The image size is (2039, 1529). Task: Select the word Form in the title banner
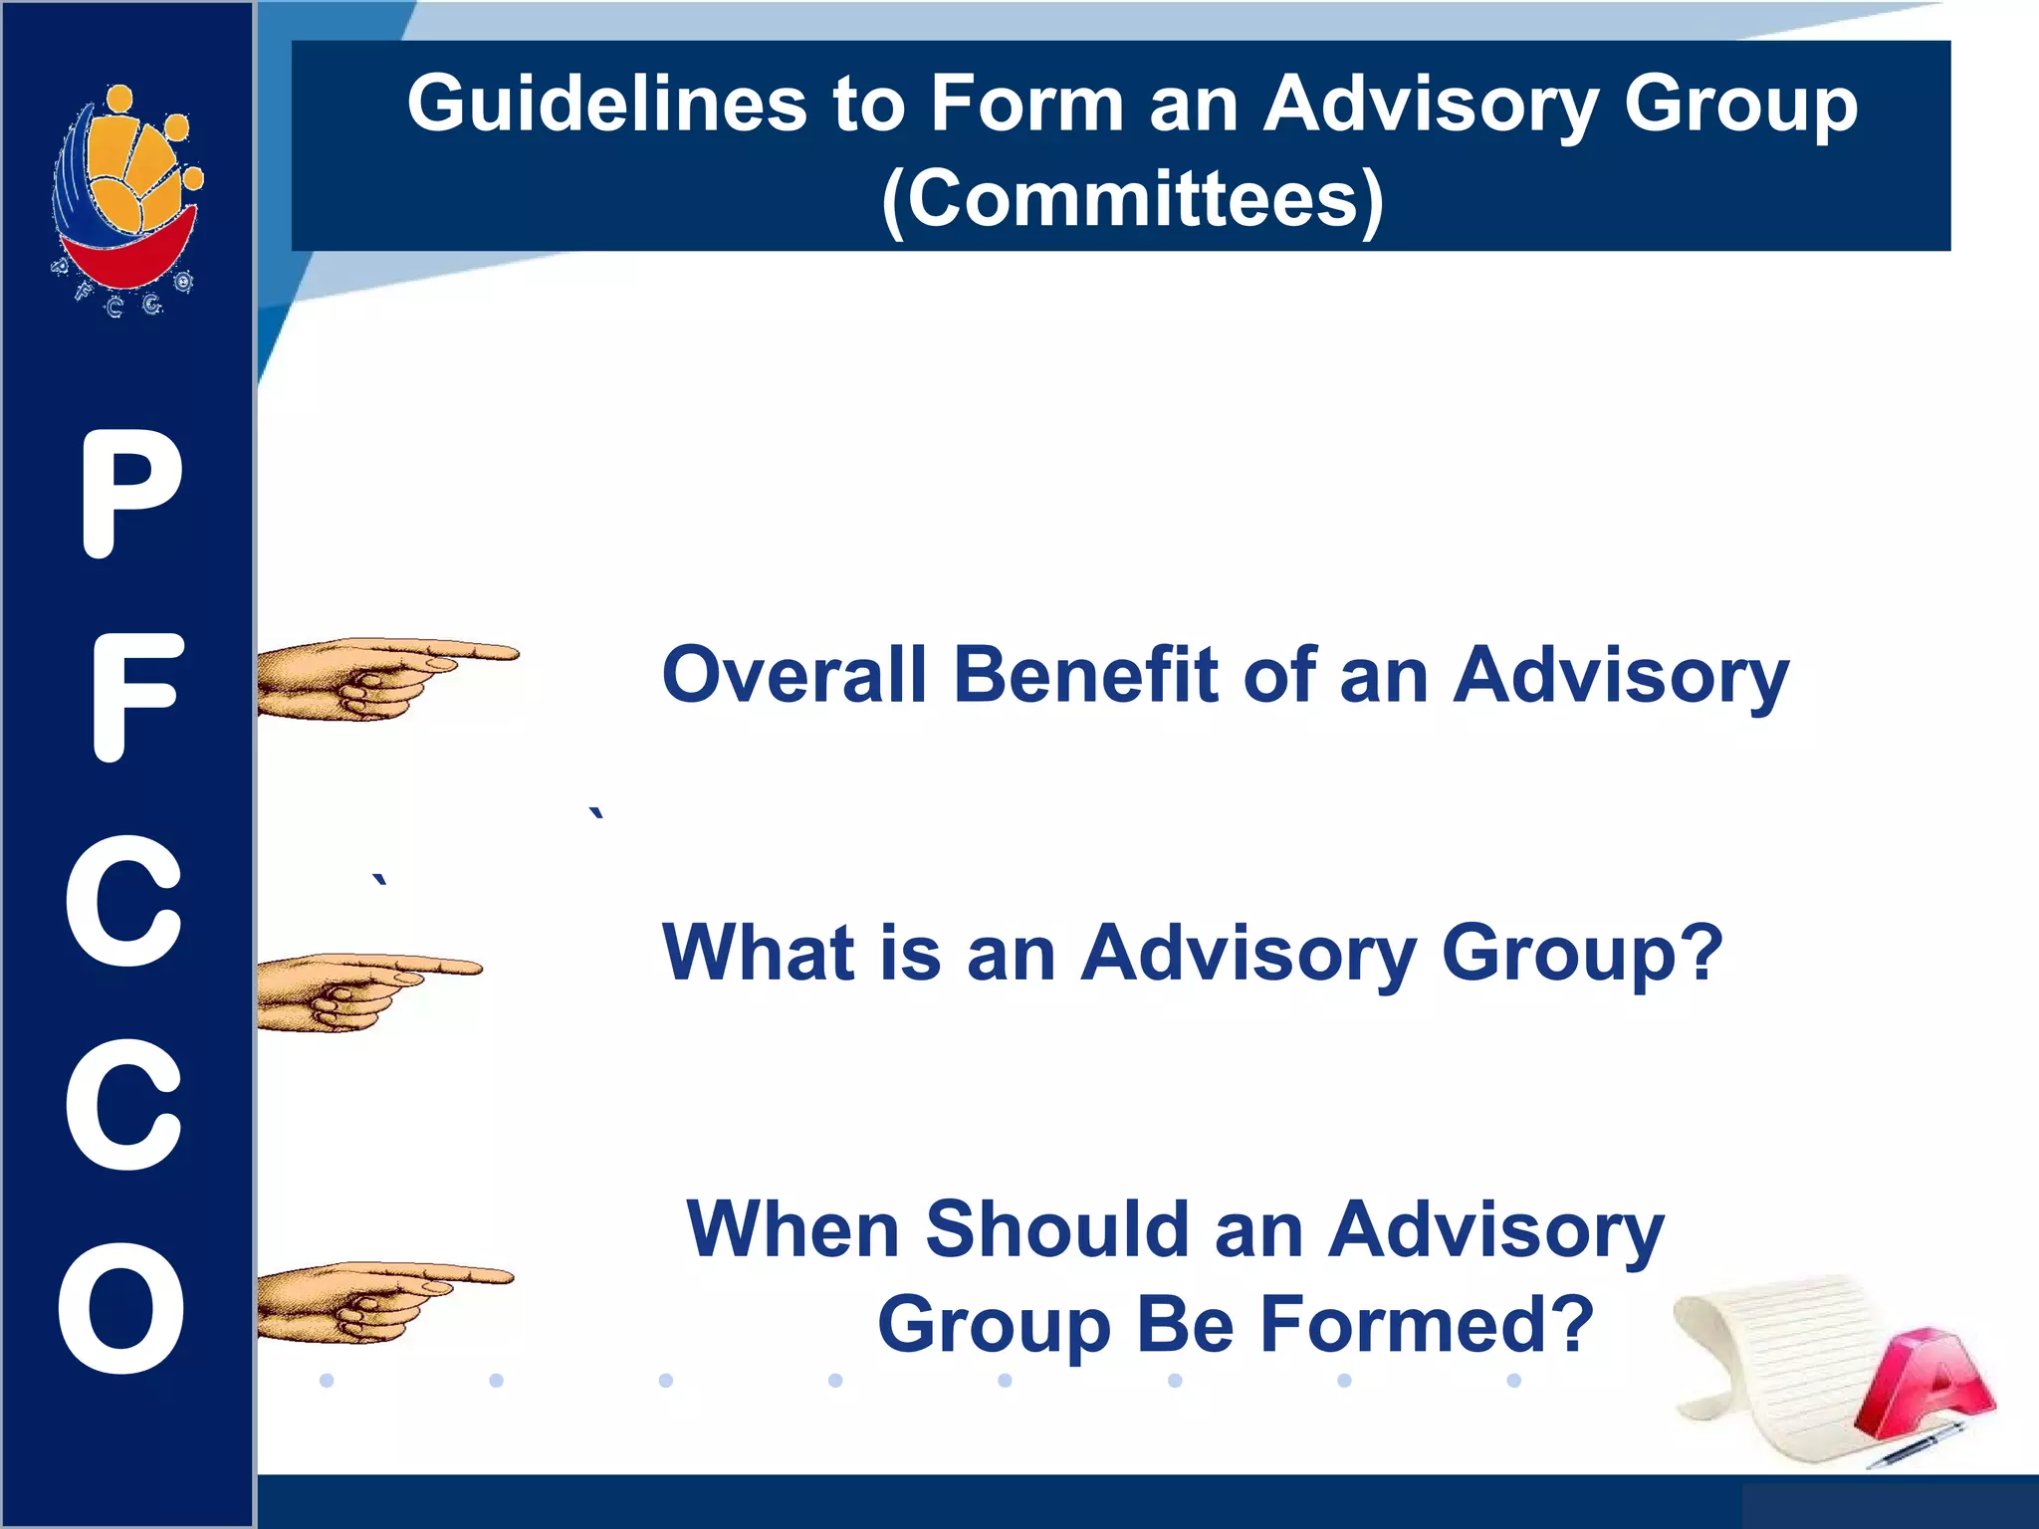[x=1026, y=105]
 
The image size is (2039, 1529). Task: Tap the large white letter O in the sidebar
[x=121, y=1308]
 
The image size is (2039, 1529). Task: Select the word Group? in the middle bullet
[x=1581, y=953]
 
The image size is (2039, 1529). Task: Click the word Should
[x=1057, y=1230]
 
